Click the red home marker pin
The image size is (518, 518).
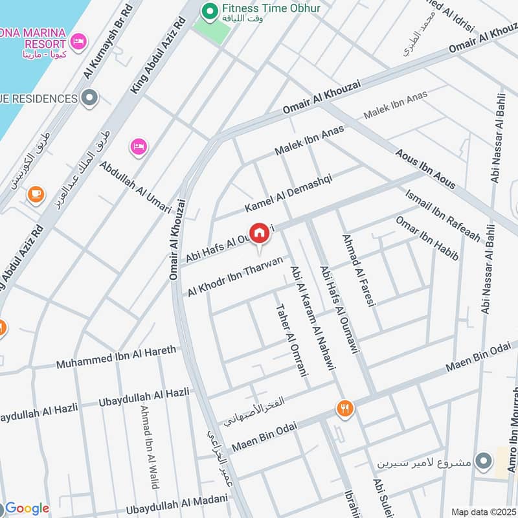[259, 232]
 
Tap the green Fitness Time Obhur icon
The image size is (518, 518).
[209, 10]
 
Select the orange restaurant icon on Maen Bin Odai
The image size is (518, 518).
[344, 409]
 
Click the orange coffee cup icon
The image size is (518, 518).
[36, 194]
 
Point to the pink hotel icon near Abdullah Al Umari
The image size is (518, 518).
[139, 147]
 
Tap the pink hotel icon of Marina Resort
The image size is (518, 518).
[78, 41]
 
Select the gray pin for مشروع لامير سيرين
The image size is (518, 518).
[482, 462]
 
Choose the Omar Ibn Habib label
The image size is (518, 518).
[427, 238]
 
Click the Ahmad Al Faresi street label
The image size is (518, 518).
[358, 269]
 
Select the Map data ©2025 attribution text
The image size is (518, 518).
[483, 512]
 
